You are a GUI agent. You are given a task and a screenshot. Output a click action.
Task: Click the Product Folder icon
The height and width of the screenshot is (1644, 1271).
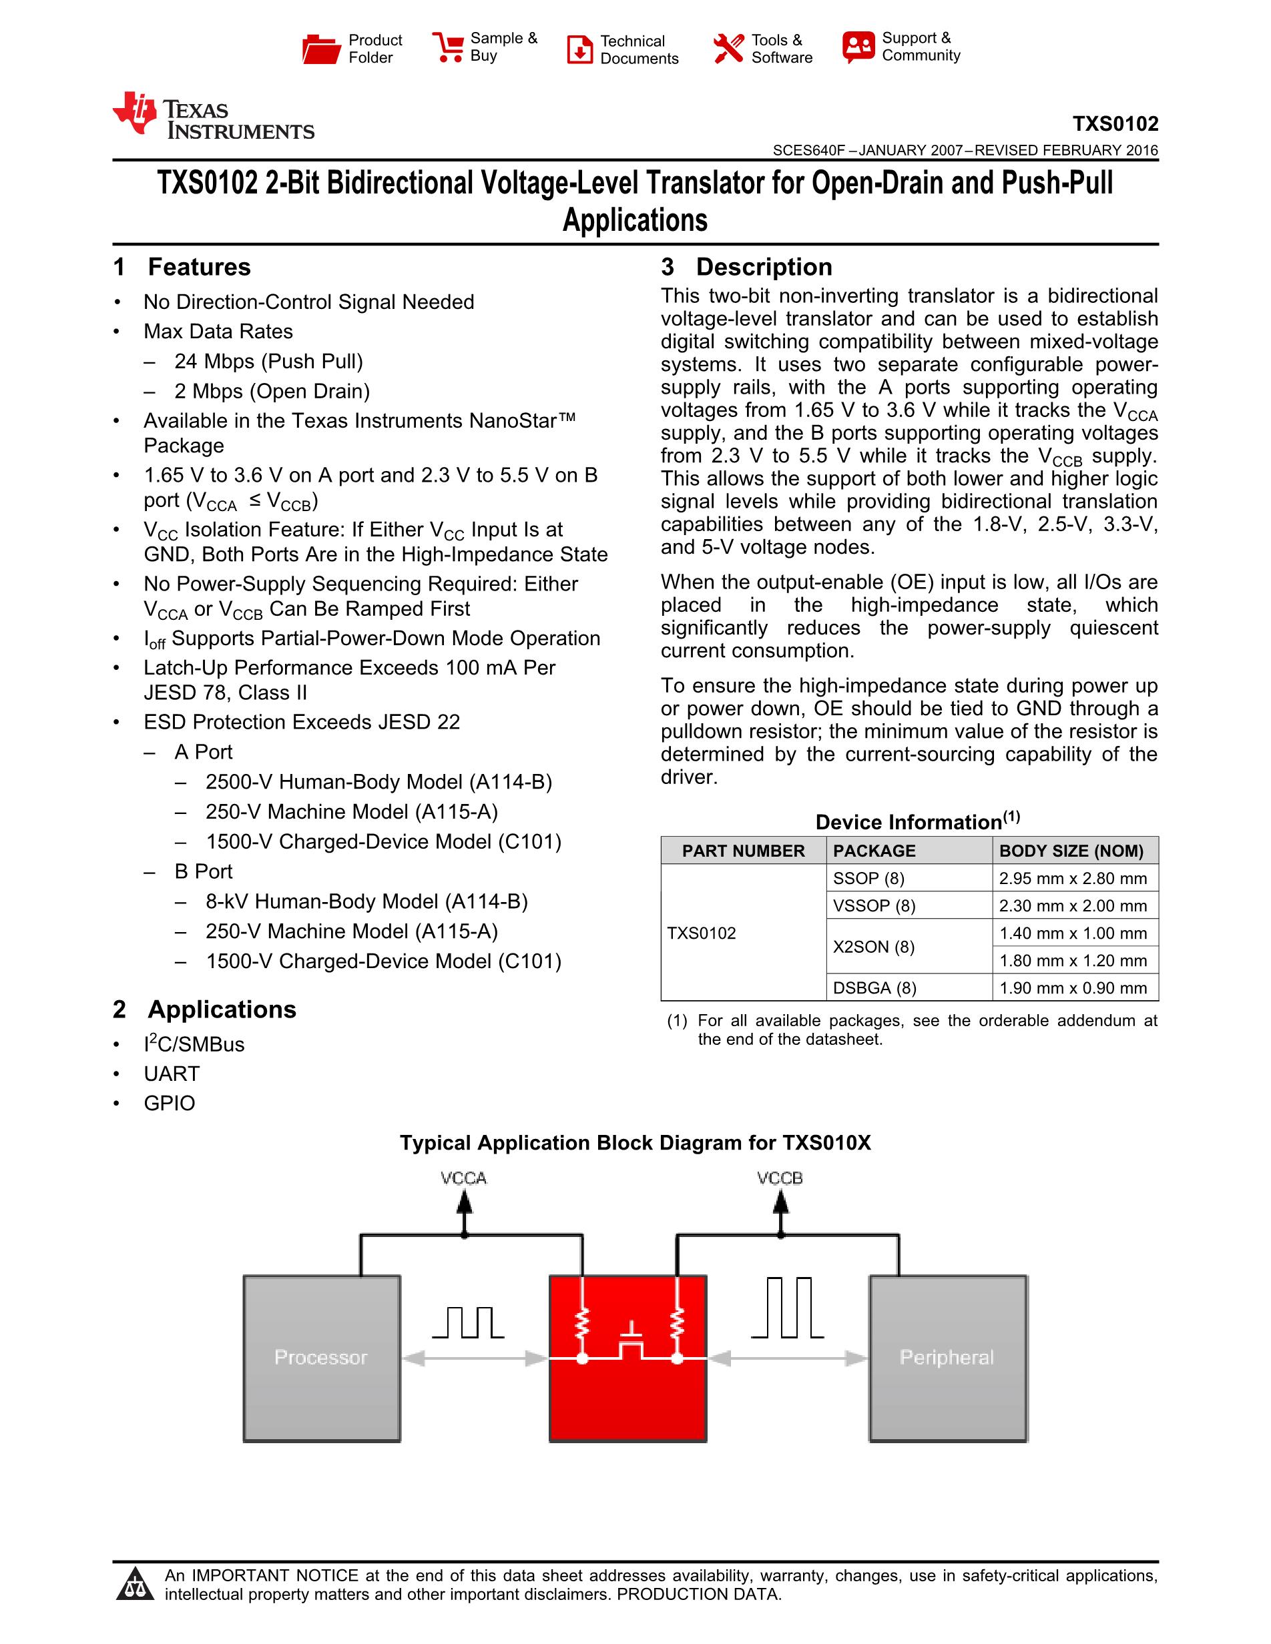click(322, 49)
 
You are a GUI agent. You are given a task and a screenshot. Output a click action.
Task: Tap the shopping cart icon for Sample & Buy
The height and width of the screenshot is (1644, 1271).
click(447, 47)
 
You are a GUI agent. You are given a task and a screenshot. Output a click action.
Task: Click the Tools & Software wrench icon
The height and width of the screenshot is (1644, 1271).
click(728, 49)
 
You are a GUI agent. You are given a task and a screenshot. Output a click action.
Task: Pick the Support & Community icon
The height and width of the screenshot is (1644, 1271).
click(858, 47)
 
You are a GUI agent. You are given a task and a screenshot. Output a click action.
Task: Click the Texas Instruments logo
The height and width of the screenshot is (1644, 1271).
click(214, 117)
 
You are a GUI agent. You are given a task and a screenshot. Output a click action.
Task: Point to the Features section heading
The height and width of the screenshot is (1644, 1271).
click(199, 268)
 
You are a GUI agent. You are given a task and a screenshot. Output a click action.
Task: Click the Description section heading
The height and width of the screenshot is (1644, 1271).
click(764, 268)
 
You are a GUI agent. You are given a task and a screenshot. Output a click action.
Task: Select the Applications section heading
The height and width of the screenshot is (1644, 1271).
click(222, 1009)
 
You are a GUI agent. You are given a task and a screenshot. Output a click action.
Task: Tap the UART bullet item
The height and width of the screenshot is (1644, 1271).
click(172, 1074)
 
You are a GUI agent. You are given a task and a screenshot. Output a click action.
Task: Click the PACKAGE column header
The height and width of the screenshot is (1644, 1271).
click(874, 851)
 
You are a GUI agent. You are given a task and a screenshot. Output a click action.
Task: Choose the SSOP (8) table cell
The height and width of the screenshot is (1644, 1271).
click(869, 879)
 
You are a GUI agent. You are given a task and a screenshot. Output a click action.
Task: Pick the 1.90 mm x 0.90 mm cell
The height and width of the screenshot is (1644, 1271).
click(1073, 987)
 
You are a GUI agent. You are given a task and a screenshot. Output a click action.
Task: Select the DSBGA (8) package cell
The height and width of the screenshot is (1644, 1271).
click(874, 987)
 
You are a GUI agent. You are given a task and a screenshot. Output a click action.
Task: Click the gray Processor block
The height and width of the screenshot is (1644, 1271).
click(322, 1358)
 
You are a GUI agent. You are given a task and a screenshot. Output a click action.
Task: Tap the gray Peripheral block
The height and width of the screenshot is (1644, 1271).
click(947, 1358)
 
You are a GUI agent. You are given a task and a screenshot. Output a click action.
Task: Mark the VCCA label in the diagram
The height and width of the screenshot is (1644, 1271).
click(464, 1178)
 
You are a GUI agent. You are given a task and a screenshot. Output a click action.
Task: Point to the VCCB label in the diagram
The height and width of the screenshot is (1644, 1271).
click(780, 1178)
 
